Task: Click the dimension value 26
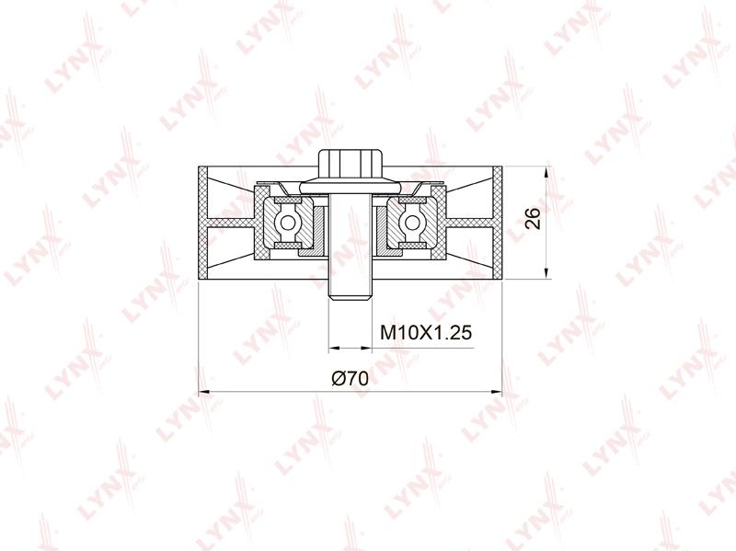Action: click(533, 217)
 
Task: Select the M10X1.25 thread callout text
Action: click(426, 332)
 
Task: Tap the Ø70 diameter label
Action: click(351, 378)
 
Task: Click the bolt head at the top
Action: click(351, 164)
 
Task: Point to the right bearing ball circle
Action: click(411, 223)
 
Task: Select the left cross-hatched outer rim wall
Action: click(202, 223)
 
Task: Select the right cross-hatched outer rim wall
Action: click(498, 223)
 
